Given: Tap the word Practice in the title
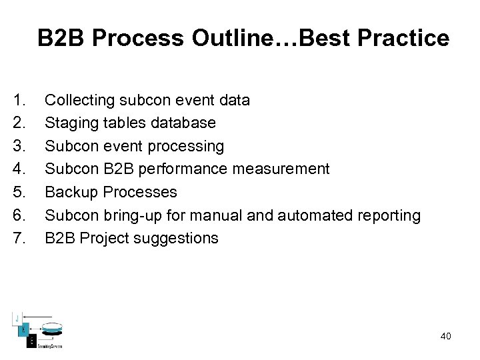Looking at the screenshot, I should click(403, 39).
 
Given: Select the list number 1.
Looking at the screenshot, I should click(19, 100).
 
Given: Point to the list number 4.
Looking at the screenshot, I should click(19, 169).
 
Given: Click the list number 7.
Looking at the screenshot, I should click(19, 238).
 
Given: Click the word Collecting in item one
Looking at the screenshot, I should click(79, 101).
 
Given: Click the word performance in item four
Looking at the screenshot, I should click(193, 169).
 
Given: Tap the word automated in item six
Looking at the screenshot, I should click(310, 215).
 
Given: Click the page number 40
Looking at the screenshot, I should click(445, 336).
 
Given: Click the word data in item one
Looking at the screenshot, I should click(235, 101).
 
